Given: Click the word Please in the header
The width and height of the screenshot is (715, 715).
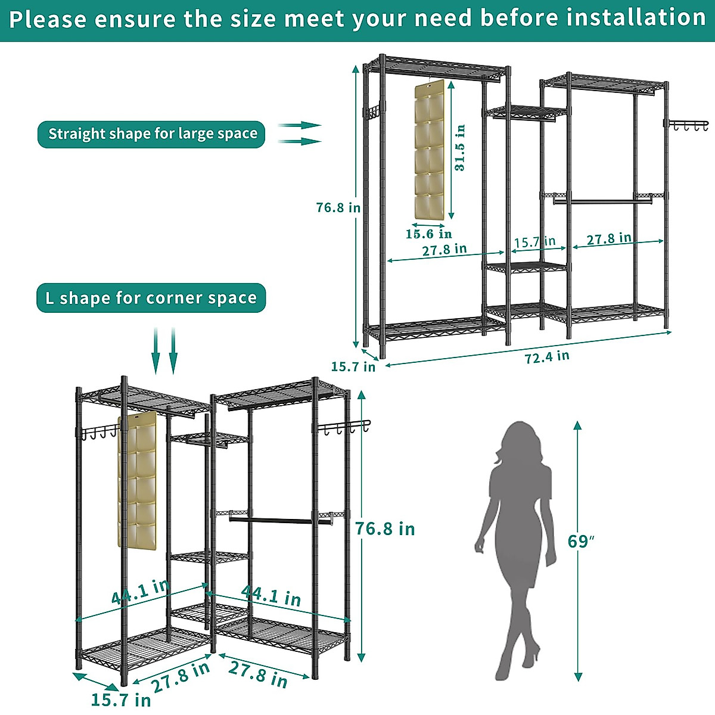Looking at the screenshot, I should point(48,20).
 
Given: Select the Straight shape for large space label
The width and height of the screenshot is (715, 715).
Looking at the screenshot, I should point(152,134).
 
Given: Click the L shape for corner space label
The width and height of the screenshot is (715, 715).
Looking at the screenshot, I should point(151,298).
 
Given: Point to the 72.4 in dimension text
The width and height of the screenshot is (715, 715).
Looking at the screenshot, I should point(546,357).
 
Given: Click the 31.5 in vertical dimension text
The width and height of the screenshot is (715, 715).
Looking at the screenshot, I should point(460,148).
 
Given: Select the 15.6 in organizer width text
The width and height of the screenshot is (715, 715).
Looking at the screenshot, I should point(428,234).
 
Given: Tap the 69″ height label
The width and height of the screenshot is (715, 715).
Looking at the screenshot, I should point(581,542).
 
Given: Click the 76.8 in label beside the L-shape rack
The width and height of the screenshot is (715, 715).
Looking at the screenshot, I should point(385,529).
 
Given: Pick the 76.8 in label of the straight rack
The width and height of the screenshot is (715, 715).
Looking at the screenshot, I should point(338,207).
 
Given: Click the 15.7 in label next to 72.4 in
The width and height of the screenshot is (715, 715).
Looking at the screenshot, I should point(353,366).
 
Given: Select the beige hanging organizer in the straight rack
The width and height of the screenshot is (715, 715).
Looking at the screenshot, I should point(429,149).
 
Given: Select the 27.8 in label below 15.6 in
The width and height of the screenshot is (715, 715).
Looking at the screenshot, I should point(444,250).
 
